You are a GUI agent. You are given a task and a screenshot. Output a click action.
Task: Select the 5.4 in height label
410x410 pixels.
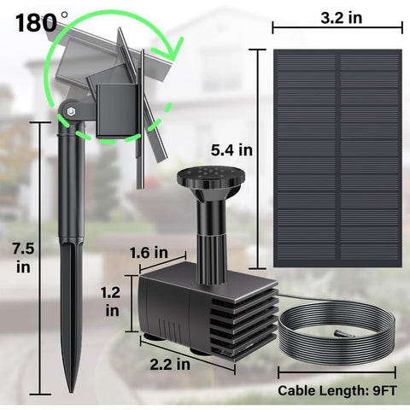point(233,149)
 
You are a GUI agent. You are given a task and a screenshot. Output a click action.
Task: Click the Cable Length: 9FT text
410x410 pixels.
point(337,392)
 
